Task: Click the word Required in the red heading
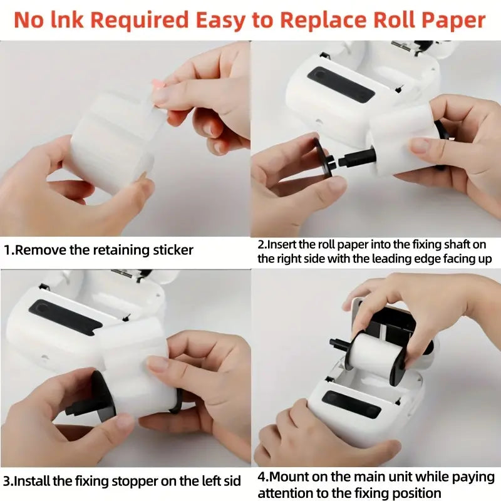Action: [x=140, y=21]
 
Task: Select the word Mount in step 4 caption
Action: [x=287, y=477]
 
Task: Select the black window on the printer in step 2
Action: [x=341, y=83]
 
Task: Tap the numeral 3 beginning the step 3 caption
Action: [x=7, y=481]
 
